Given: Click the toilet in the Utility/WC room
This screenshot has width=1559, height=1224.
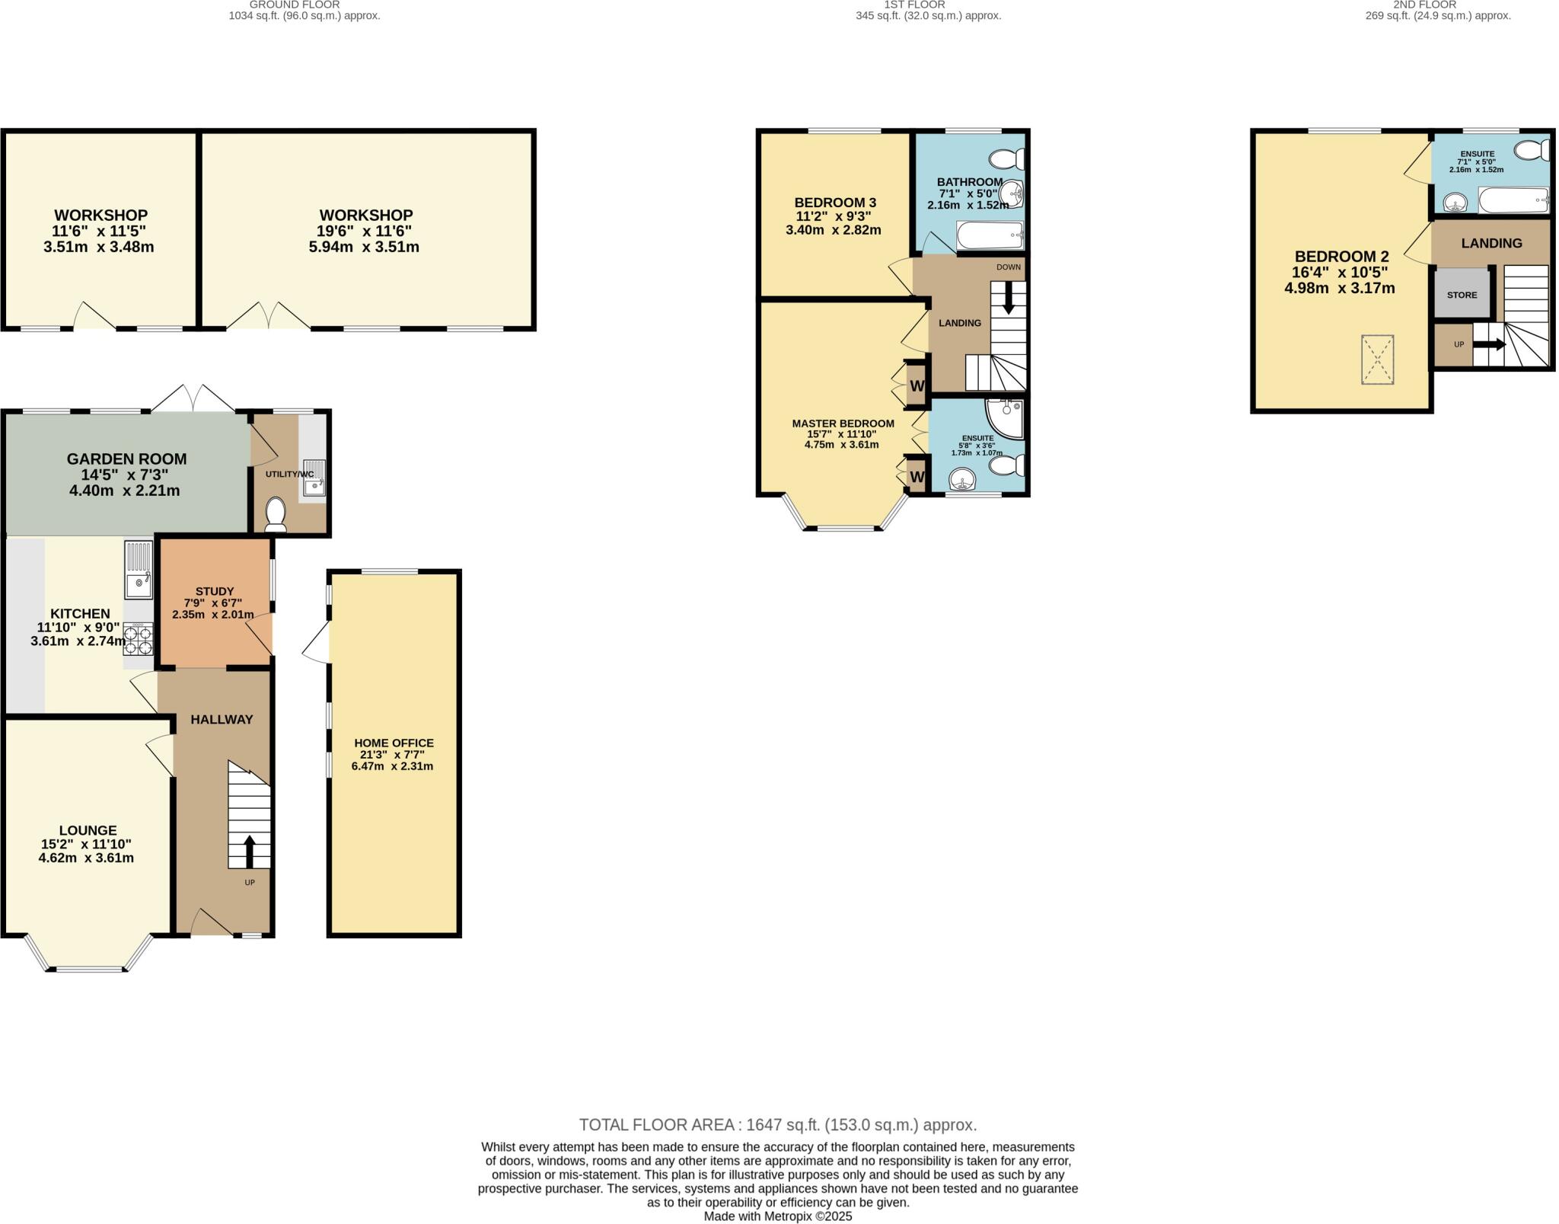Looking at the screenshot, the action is coord(276,514).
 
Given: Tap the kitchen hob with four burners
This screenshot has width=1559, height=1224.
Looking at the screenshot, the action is coord(139,639).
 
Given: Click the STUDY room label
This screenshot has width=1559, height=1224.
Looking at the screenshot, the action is coord(215,591).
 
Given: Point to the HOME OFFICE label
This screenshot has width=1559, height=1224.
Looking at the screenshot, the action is coord(394,743).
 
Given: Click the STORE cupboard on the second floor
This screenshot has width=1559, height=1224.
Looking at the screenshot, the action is coord(1462,293).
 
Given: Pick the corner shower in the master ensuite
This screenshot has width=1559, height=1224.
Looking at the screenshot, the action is coord(1006,418).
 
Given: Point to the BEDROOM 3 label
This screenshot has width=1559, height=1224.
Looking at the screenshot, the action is coord(835,203).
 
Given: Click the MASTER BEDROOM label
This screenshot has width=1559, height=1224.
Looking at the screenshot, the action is coord(843,423).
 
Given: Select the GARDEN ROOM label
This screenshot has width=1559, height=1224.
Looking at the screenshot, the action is coord(126,459).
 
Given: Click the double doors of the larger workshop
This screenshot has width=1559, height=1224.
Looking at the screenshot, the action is coord(268,316).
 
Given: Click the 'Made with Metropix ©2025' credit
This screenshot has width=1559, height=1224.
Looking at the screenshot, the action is coord(778,1216).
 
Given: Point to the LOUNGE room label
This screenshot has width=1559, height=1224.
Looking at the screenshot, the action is coord(88,830).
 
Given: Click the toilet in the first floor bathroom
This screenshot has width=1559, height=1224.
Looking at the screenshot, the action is coord(1006,159).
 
